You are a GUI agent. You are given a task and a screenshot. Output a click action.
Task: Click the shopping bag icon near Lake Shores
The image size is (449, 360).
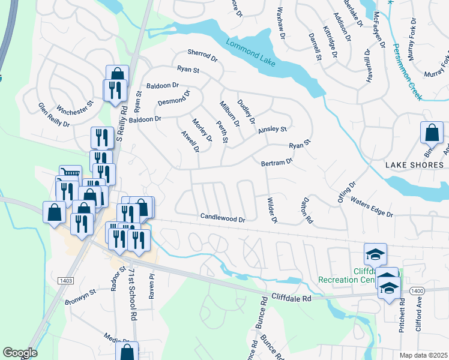tap(432, 132)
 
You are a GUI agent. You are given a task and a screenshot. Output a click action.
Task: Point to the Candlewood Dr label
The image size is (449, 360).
tap(223, 219)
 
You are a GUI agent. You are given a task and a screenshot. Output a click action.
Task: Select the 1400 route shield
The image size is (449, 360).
tap(416, 290)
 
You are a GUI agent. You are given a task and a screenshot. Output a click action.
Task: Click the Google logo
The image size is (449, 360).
tap(20, 353)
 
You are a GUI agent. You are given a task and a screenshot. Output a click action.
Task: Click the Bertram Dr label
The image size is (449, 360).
tap(277, 162)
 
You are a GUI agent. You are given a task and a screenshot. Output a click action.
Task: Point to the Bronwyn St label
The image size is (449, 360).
tap(80, 297)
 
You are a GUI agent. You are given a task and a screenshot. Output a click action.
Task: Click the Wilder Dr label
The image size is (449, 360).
tap(271, 210)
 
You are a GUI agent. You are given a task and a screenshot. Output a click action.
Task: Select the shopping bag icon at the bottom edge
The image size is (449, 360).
tap(127, 352)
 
